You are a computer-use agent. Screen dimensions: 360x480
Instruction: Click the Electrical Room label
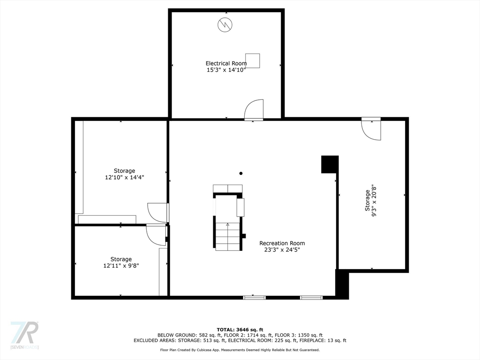[226, 63]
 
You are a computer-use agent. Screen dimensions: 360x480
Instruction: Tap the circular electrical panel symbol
[224, 25]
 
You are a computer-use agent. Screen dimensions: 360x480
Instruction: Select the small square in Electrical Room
[252, 60]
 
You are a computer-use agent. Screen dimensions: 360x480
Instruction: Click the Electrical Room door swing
[255, 110]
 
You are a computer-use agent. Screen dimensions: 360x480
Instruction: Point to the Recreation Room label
[282, 243]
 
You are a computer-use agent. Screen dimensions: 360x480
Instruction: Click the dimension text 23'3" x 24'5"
[282, 250]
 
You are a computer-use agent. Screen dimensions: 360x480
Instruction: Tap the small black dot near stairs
[241, 173]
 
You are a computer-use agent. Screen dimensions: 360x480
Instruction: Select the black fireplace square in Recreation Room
[330, 165]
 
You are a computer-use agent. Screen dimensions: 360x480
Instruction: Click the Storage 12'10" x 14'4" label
[124, 174]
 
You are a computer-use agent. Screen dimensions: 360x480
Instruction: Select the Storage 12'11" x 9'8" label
[121, 262]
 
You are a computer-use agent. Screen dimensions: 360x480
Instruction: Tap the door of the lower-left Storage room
[156, 235]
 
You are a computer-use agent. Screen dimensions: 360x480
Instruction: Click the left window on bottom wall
[255, 297]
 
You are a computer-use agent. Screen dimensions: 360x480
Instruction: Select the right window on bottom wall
[311, 297]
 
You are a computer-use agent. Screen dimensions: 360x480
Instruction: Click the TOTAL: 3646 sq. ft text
[240, 330]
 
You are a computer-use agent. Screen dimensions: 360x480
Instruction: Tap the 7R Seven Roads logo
[24, 335]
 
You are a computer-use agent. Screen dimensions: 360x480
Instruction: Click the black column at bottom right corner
[342, 284]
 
